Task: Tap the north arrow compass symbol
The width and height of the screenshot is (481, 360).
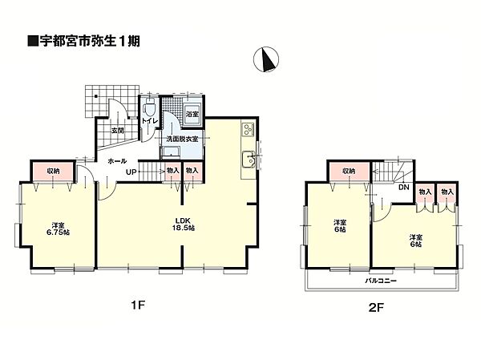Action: [267, 59]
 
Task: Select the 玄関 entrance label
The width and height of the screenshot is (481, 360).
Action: [117, 130]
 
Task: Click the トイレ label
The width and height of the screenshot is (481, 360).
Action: [149, 122]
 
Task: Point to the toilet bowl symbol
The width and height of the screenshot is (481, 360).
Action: [148, 106]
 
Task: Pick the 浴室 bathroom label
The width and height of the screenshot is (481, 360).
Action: [192, 115]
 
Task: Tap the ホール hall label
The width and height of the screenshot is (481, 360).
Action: [115, 160]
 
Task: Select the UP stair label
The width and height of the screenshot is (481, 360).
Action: [127, 171]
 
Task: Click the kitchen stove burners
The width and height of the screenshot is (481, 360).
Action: [247, 130]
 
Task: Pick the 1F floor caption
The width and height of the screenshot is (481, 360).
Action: [138, 305]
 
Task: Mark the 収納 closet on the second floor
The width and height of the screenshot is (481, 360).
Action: [346, 172]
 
